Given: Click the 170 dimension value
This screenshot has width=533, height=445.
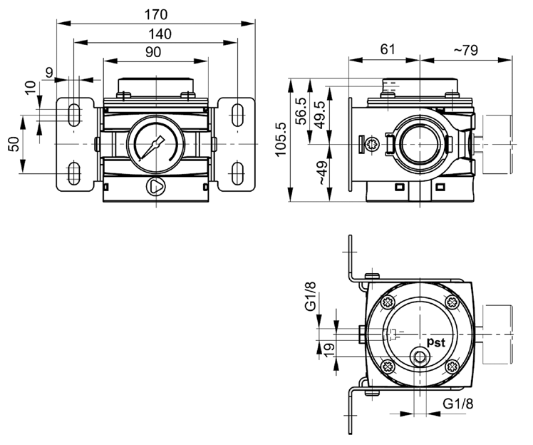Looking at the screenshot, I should pos(155,14).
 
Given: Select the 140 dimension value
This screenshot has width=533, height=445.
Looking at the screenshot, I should pos(155,33).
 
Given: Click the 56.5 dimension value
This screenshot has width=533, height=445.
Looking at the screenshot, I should pos(301,111).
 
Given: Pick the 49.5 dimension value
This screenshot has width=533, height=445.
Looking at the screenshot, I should pos(319,114).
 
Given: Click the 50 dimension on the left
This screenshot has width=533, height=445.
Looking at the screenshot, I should pos(14,143).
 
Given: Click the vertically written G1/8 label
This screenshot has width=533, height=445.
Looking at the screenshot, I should pos(310,297).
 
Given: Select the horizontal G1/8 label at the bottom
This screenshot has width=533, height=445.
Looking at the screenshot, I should pos(458,404).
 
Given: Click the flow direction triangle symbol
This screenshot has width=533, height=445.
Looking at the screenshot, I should pos(155,187).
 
